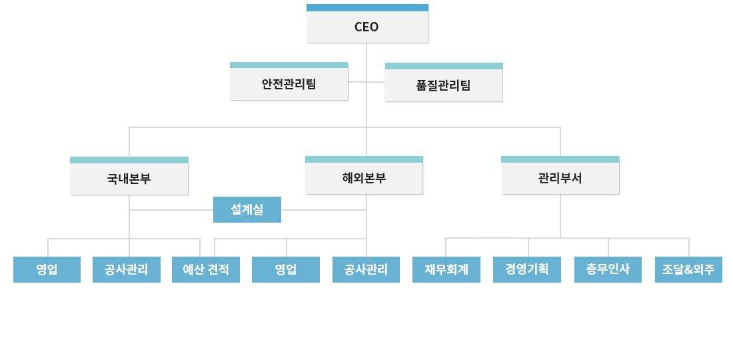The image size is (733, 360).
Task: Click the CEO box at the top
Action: coord(367,27)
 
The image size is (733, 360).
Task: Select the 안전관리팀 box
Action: coord(289,85)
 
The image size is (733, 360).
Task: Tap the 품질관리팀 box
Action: coord(443,86)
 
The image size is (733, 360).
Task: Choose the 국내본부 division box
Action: coord(129,179)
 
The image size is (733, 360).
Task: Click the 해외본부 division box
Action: coord(364,179)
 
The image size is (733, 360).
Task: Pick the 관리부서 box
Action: coord(560,179)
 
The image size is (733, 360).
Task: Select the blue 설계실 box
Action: coord(247,210)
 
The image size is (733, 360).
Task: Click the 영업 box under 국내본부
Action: coord(47,270)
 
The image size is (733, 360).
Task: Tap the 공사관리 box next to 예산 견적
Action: coord(127,270)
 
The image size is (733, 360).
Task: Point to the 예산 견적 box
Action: coord(206,270)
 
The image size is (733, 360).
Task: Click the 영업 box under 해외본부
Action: coord(286,270)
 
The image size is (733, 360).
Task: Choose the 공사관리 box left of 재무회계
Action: coord(366,270)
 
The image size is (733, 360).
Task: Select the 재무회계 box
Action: coord(446,270)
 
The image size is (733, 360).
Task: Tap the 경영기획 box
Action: coord(527,270)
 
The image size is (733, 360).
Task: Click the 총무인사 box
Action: coord(608,270)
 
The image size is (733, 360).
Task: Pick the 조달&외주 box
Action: coord(688,270)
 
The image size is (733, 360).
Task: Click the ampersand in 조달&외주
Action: coord(688,270)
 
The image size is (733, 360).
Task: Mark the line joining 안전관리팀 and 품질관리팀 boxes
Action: coord(366,82)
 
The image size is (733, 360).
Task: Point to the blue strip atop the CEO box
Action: coord(367,7)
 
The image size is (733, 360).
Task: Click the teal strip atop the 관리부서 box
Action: coord(560,159)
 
